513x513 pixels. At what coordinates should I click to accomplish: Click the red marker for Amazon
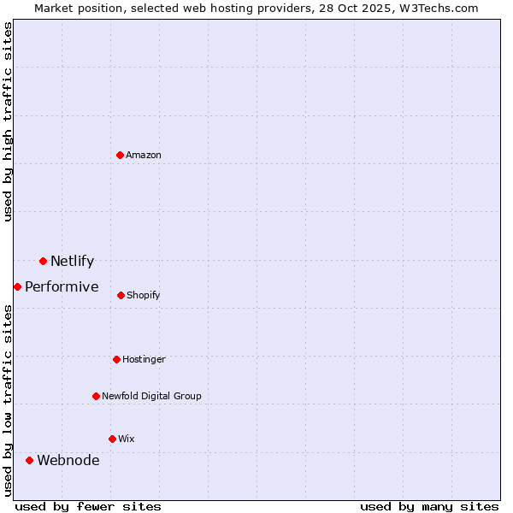pos(121,155)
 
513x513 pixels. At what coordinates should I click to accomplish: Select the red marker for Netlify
pos(43,261)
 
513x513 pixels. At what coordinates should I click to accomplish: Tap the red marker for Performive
pos(17,286)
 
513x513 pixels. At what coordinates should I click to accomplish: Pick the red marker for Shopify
pos(121,295)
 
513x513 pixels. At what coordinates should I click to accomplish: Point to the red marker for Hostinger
pos(116,359)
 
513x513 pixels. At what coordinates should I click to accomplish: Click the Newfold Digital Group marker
pos(96,396)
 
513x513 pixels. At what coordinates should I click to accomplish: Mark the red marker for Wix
pos(112,439)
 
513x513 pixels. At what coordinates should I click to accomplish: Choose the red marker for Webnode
pos(29,460)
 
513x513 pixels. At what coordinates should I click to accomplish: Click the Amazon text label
pos(144,155)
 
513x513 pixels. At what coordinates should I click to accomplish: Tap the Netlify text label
pos(72,261)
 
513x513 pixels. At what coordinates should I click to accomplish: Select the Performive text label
pos(62,286)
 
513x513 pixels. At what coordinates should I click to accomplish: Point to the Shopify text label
pos(143,295)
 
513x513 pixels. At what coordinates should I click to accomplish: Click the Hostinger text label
pos(144,359)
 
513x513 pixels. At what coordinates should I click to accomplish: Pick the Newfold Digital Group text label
pos(151,396)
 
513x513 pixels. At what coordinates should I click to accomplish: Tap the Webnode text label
pos(68,460)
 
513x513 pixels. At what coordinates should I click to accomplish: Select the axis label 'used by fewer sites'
pos(88,506)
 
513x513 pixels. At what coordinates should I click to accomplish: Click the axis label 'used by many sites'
pos(429,506)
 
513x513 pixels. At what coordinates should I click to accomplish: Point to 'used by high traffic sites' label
pos(8,121)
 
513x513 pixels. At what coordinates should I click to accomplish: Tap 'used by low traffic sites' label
pos(8,400)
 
